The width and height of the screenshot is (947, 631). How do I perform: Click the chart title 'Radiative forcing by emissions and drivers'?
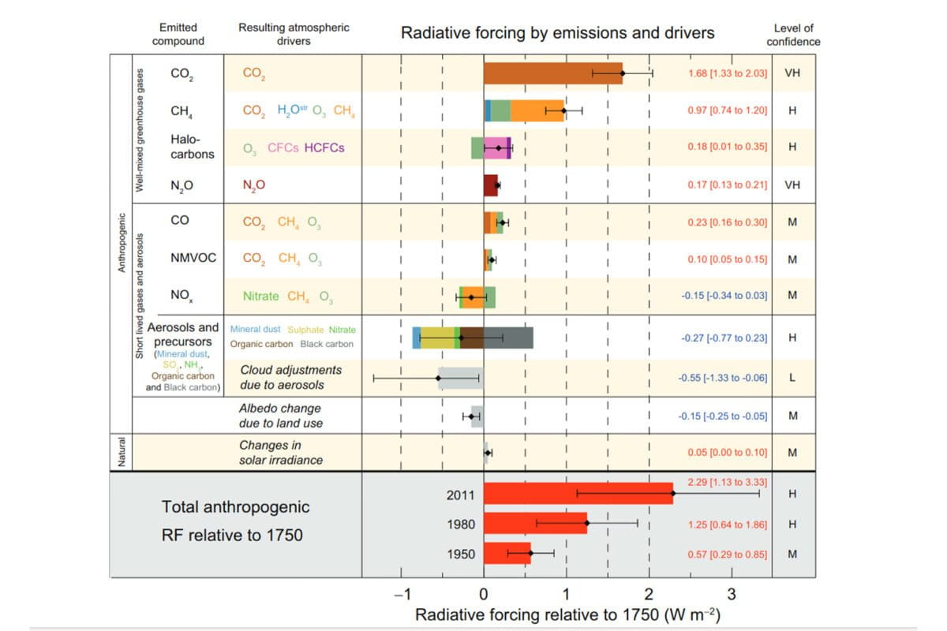coord(558,33)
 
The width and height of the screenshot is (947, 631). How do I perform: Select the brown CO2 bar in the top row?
coord(552,73)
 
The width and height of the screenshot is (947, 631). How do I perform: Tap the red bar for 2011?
coord(578,494)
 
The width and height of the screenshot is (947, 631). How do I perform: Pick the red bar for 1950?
coord(506,554)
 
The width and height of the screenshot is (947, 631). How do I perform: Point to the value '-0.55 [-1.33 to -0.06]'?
coord(722,379)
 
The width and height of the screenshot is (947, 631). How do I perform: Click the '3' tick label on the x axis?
coord(732,594)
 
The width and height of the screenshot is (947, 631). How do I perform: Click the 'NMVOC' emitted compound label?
coord(193,258)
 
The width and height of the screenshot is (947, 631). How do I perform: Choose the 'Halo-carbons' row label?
coord(192,147)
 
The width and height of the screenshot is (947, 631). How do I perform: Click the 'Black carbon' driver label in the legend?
coord(328,344)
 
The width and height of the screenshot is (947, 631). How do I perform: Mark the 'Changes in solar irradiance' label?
coord(281,453)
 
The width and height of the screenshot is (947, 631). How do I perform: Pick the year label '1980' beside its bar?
coord(461,524)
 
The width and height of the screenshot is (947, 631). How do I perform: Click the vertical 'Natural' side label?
coord(121,452)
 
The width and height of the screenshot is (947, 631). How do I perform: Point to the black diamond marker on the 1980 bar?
coord(587,523)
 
